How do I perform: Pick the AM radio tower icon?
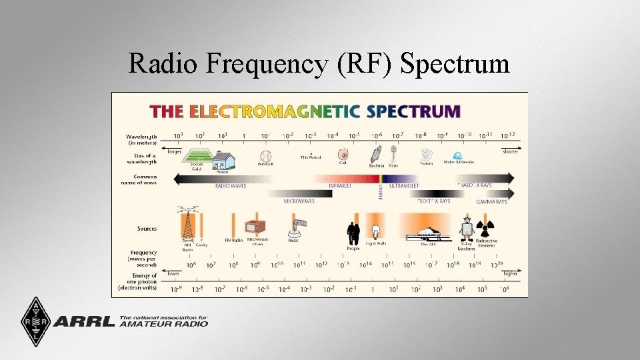point(188,224)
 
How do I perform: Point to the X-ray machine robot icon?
point(467,227)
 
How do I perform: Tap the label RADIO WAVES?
point(230,186)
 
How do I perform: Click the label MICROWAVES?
point(299,201)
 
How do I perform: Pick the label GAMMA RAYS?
point(491,201)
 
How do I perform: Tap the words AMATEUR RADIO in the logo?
point(164,324)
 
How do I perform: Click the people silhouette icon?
point(353,233)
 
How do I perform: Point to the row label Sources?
point(147,229)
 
